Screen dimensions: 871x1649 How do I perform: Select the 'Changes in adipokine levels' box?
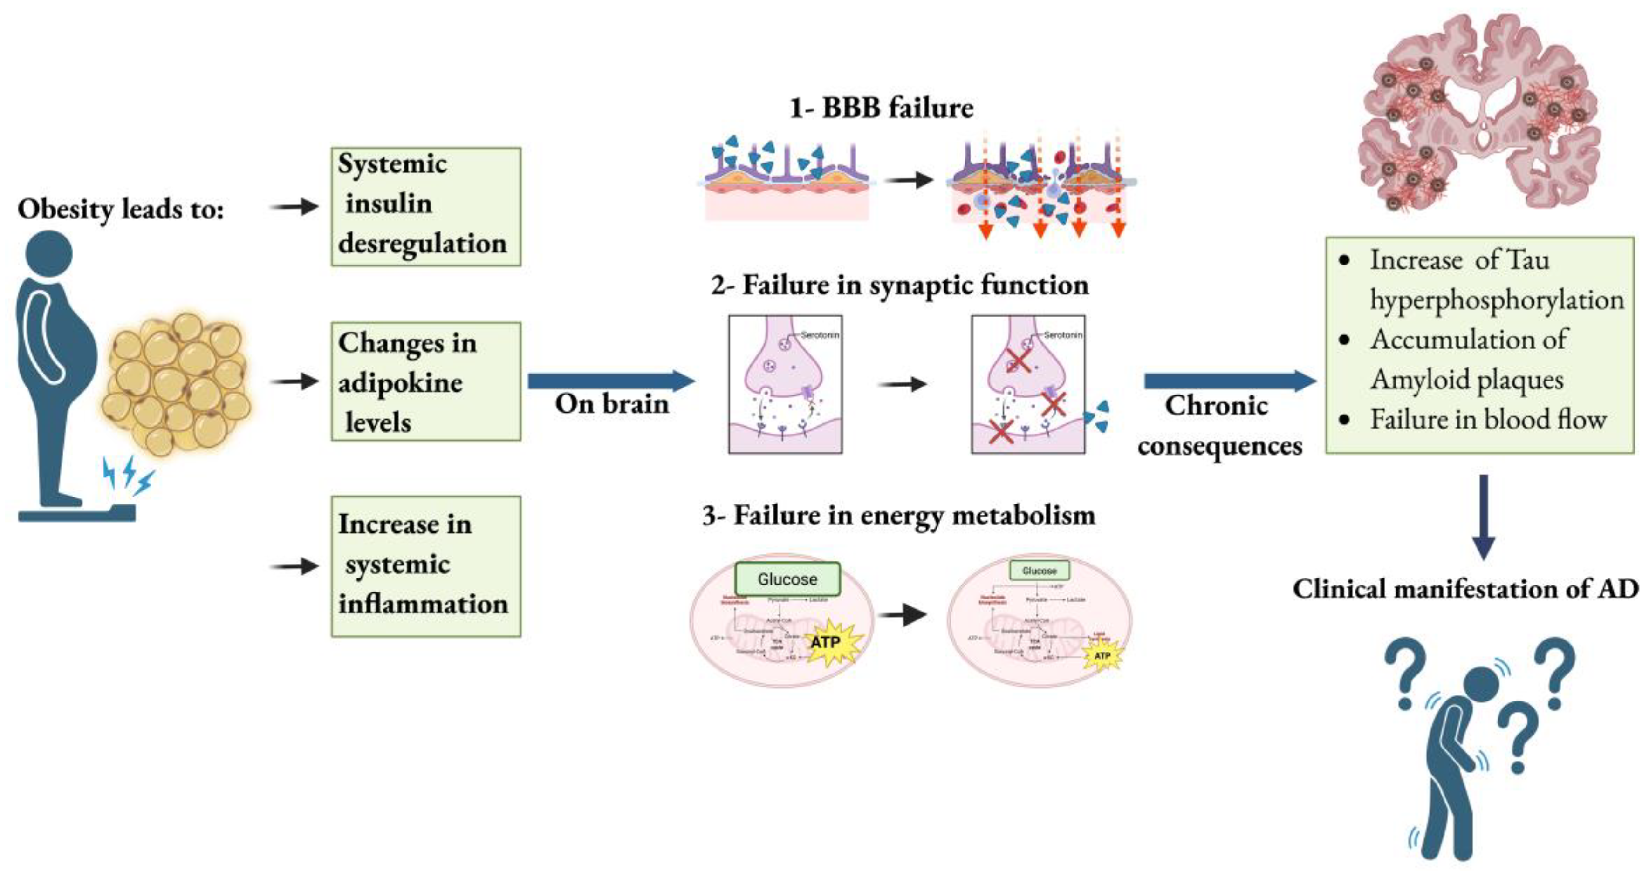[x=426, y=381]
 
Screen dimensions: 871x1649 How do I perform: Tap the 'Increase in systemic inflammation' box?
[x=426, y=566]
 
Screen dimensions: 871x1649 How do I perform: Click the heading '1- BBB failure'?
[x=882, y=108]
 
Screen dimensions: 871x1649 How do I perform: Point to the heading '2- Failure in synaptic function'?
[x=899, y=285]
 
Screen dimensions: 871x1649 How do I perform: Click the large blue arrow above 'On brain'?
[x=611, y=381]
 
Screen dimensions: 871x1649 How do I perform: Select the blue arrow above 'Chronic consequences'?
[x=1229, y=381]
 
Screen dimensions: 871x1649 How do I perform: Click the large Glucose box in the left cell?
[x=787, y=578]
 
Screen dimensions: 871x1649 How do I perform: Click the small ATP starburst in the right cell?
[x=1102, y=656]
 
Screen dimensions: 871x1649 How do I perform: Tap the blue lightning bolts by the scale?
[x=129, y=475]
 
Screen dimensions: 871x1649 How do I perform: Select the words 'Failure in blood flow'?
[x=1488, y=420]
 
